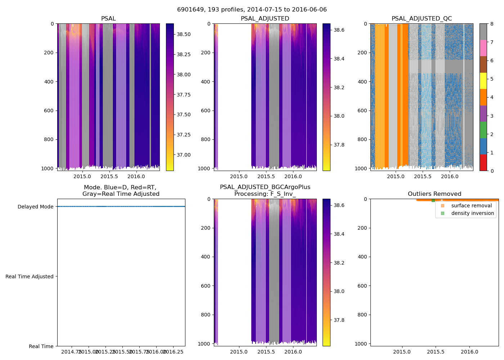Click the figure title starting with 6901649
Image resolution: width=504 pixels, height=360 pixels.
[x=252, y=10]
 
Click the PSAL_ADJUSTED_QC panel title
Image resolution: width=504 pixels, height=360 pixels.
[x=422, y=19]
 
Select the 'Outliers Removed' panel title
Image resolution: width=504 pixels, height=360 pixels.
[x=434, y=194]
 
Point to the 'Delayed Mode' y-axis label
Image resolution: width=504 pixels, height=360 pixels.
[x=35, y=207]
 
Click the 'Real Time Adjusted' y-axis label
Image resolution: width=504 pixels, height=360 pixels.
[x=30, y=276]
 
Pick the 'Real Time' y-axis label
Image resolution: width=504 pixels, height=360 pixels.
[x=41, y=346]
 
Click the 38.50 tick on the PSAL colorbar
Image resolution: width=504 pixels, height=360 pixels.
[x=184, y=34]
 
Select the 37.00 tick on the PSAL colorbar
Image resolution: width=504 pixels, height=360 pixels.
[x=184, y=155]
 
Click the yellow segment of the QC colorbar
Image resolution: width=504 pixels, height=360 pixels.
[x=483, y=81]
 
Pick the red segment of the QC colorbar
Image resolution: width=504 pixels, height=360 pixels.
[x=483, y=162]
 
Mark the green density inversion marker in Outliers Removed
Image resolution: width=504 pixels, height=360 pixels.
[x=433, y=200]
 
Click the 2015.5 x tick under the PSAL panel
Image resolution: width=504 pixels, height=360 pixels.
[x=109, y=176]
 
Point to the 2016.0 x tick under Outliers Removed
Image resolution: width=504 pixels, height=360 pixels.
[x=470, y=352]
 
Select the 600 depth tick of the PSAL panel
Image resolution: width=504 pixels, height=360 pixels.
[x=49, y=111]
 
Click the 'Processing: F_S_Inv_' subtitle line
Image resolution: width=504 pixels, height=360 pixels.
[x=265, y=194]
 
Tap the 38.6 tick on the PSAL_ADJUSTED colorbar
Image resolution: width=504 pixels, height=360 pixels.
[x=338, y=30]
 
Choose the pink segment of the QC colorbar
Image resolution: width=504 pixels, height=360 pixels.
[x=483, y=48]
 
